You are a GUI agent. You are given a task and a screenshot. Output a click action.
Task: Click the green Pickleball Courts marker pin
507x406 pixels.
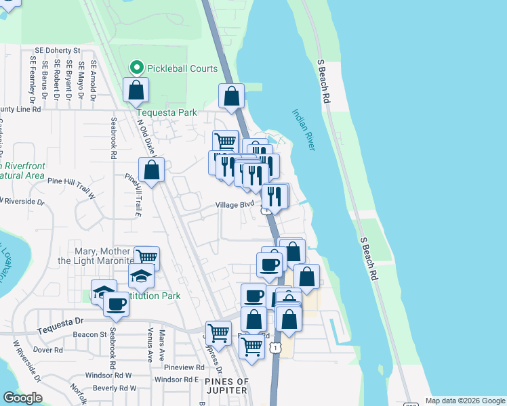136,68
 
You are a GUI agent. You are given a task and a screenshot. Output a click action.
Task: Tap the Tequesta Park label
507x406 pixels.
166,112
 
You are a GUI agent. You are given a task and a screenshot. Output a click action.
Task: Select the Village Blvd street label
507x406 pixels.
235,204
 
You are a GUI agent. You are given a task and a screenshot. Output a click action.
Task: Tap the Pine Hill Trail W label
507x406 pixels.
71,181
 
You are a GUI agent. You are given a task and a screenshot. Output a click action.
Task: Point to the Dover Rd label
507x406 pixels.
47,351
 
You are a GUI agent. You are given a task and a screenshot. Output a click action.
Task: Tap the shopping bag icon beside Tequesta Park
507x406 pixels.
136,90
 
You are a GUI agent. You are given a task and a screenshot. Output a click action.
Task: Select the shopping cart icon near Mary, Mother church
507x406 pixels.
146,258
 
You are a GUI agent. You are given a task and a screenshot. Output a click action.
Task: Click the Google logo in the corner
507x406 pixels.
22,398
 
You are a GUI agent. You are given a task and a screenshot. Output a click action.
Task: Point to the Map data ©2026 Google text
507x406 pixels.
465,401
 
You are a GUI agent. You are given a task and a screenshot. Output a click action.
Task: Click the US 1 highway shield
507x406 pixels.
275,346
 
